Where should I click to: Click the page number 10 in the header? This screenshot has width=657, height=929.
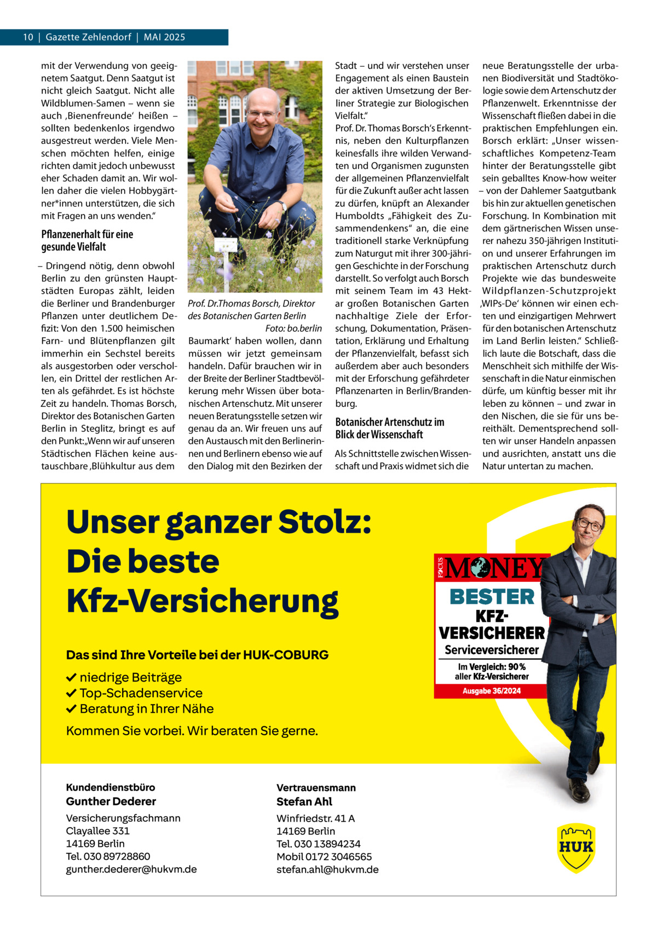(x=27, y=37)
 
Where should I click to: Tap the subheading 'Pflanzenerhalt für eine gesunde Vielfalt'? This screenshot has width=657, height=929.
(x=87, y=240)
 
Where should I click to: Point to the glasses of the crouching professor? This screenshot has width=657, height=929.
(x=261, y=113)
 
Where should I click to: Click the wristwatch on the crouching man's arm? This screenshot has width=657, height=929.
(x=284, y=206)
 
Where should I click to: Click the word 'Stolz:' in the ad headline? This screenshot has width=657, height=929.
(x=325, y=523)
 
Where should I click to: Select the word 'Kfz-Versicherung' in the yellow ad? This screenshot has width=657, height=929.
(x=203, y=601)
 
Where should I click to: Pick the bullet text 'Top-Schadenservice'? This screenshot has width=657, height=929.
(x=141, y=693)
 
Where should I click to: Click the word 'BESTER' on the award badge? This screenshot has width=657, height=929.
(x=492, y=597)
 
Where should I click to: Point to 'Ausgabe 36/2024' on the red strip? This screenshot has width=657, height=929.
(x=492, y=691)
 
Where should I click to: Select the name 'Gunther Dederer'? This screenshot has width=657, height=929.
(x=111, y=801)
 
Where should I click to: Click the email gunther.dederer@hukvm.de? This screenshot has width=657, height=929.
(x=131, y=869)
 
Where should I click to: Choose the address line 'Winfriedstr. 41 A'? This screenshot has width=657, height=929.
(x=316, y=818)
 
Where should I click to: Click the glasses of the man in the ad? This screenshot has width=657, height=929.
(x=589, y=524)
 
